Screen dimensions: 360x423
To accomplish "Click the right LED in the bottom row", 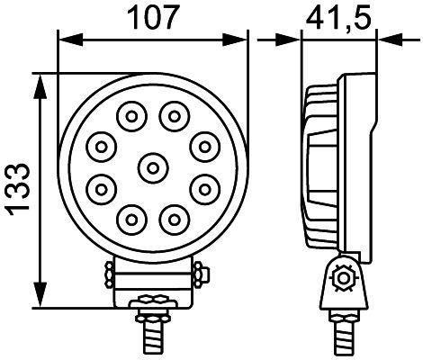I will pyautogui.click(x=172, y=217).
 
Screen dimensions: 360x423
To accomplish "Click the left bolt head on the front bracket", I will pyautogui.click(x=108, y=273).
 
